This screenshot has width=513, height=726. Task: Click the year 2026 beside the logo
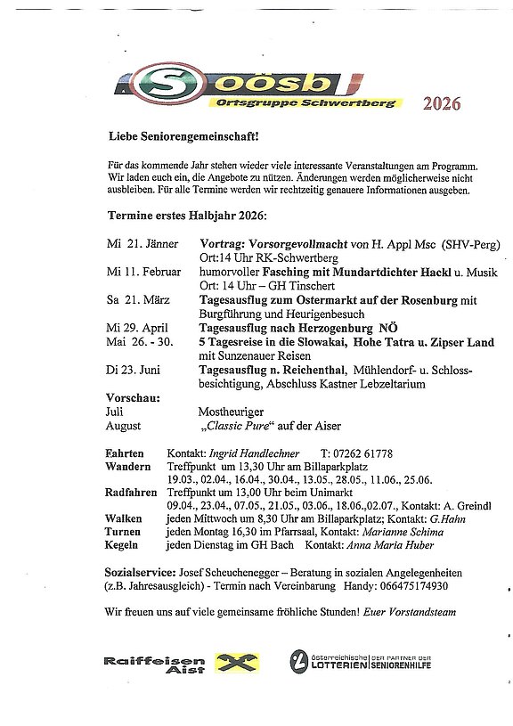click(442, 104)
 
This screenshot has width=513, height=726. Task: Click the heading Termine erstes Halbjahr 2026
click(187, 216)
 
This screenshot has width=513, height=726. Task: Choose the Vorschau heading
click(133, 397)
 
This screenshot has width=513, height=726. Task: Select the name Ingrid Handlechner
click(253, 453)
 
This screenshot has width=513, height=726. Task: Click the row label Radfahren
click(131, 493)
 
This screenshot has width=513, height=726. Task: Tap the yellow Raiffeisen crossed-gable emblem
click(235, 662)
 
